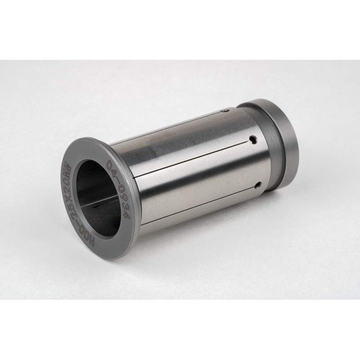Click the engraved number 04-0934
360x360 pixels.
pos(118,189)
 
